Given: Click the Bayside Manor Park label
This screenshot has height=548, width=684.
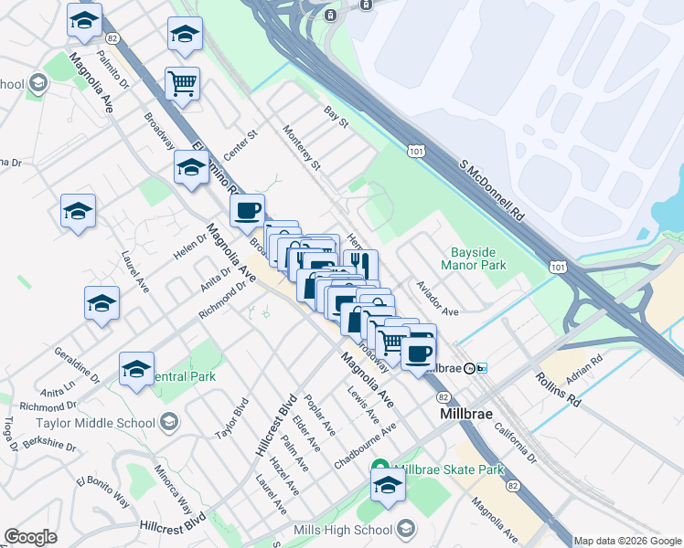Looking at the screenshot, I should click(x=480, y=258).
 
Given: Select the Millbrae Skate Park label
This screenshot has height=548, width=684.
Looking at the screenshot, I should click(x=451, y=469).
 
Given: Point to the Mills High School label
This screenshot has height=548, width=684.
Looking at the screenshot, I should click(x=341, y=531).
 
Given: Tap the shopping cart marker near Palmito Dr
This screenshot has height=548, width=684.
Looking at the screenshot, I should click(x=182, y=84).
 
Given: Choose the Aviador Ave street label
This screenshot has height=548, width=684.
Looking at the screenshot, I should click(x=437, y=299).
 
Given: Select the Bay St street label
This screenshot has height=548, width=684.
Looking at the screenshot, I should click(x=337, y=116).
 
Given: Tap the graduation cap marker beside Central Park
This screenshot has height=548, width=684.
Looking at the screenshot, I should click(x=136, y=370).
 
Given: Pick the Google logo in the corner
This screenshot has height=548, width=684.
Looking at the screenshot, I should click(x=30, y=537).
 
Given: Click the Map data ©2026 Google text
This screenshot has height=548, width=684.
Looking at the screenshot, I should click(x=627, y=541).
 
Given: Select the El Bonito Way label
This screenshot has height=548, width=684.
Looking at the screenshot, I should click(x=102, y=491).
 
